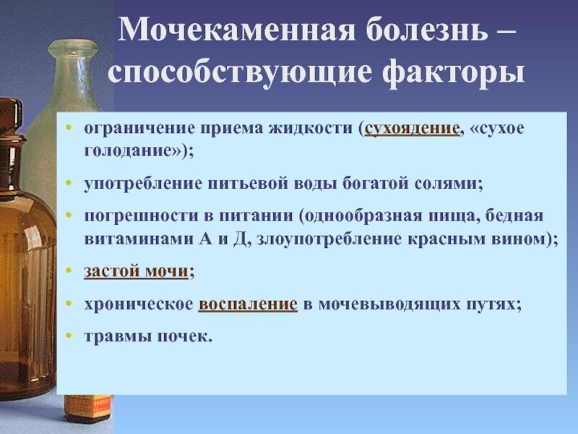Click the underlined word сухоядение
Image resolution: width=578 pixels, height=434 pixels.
pyautogui.click(x=413, y=129)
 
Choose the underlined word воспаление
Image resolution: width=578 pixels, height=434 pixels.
pyautogui.click(x=247, y=305)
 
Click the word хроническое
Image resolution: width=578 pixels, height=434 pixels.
pyautogui.click(x=137, y=305)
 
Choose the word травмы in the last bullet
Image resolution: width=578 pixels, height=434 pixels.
pyautogui.click(x=110, y=338)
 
